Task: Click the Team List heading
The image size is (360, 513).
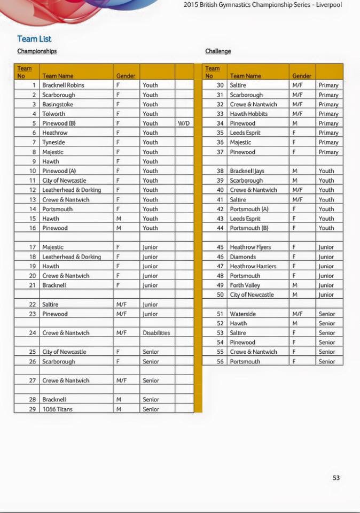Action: (x=34, y=39)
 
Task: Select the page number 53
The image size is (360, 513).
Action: (x=336, y=478)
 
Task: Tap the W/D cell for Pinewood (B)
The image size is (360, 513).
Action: (x=184, y=123)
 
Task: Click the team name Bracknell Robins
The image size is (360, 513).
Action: (x=63, y=85)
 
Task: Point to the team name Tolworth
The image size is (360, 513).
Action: (x=54, y=114)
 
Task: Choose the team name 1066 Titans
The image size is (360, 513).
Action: (x=58, y=409)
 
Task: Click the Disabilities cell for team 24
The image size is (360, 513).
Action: (x=156, y=333)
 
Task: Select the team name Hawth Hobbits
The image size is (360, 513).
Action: (x=249, y=114)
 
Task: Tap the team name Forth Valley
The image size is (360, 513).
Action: (x=245, y=285)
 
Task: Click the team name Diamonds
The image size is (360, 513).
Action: (x=243, y=257)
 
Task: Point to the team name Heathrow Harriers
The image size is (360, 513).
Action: (x=253, y=266)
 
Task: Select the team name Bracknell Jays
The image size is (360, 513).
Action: (x=247, y=171)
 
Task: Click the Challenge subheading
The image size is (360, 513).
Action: (x=218, y=51)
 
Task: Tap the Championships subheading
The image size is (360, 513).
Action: (x=37, y=51)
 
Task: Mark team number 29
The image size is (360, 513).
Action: (x=33, y=409)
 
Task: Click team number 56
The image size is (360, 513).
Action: (x=220, y=362)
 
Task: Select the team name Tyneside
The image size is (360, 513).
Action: (x=54, y=142)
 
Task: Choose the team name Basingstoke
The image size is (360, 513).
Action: (x=58, y=104)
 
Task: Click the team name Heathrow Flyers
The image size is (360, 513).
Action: (x=251, y=247)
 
